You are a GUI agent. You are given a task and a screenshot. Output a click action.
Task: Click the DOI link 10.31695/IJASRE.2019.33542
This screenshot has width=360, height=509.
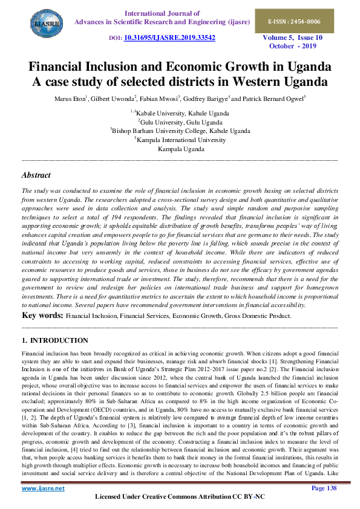[x=169, y=37]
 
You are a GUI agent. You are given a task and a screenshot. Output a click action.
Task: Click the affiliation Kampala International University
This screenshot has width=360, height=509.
[x=181, y=139]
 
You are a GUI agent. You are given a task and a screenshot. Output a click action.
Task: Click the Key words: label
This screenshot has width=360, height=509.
[x=42, y=316]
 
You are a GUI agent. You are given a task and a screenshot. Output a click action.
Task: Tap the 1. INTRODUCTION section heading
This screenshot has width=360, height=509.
[x=54, y=341]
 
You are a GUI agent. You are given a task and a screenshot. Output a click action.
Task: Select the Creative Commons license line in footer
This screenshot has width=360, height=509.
[x=180, y=497]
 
